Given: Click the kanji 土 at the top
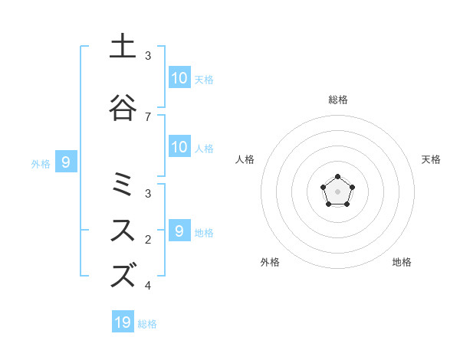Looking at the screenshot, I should click(123, 46).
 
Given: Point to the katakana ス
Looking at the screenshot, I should click(123, 229).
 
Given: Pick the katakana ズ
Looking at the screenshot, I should click(123, 275).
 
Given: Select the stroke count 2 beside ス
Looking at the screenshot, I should click(148, 239).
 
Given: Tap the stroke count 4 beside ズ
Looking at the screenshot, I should click(148, 286).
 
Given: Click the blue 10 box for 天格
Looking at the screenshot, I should click(179, 78).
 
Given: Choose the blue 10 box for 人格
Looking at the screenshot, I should click(179, 147).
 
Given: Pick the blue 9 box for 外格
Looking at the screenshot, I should click(66, 162).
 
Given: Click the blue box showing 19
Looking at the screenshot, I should click(123, 322).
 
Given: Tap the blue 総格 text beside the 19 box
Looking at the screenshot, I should click(147, 324).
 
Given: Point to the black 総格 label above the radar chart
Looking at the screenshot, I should click(337, 100).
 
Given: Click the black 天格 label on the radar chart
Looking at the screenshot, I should click(431, 159).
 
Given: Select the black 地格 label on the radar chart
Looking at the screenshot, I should click(402, 262).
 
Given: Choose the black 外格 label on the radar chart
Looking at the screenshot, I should click(270, 262).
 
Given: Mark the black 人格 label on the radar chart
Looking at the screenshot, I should click(245, 159).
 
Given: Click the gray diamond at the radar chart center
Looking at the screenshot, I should click(337, 191).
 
